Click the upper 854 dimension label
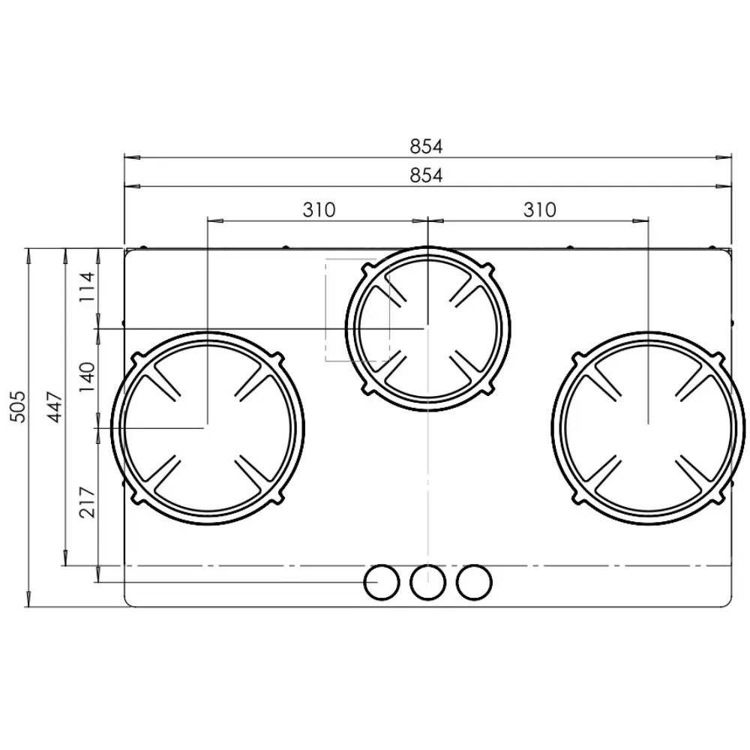pos(426,146)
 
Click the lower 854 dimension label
pos(426,175)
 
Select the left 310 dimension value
pos(319,209)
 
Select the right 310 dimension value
pos(539,209)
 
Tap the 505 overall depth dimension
pos(19,406)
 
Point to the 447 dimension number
pos(55,406)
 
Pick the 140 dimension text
pos(88,377)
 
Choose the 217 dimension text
pos(88,502)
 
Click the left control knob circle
pos(382,582)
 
